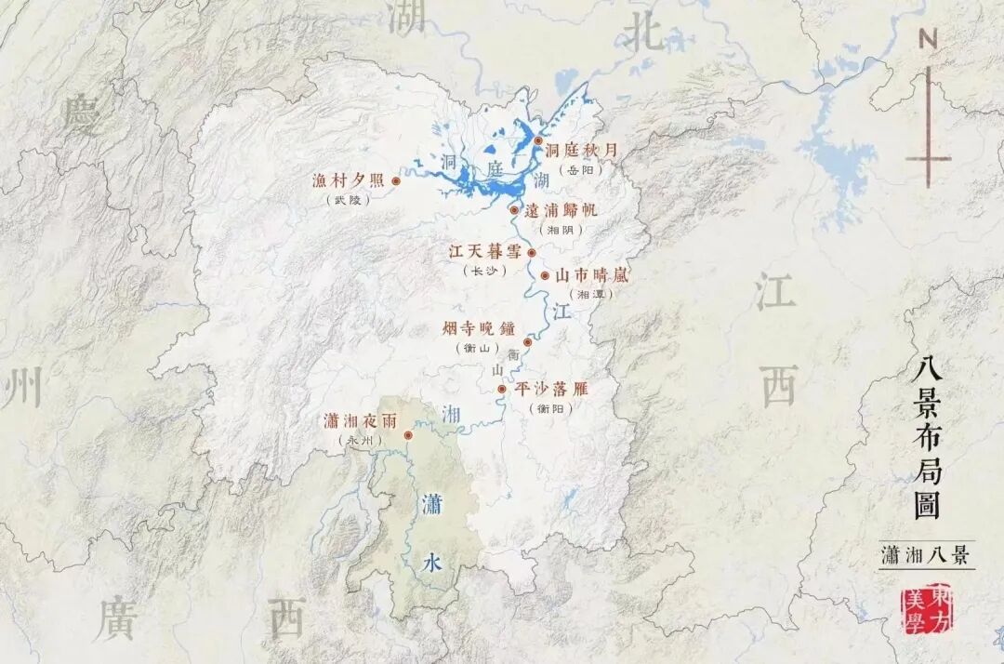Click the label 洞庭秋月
click(582, 149)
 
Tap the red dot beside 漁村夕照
click(396, 181)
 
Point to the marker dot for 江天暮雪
click(532, 252)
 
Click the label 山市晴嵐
click(592, 275)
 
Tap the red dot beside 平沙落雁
click(502, 389)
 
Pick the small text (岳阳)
click(581, 169)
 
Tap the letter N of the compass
click(927, 38)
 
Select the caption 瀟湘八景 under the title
click(925, 556)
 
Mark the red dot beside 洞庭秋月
click(538, 140)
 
